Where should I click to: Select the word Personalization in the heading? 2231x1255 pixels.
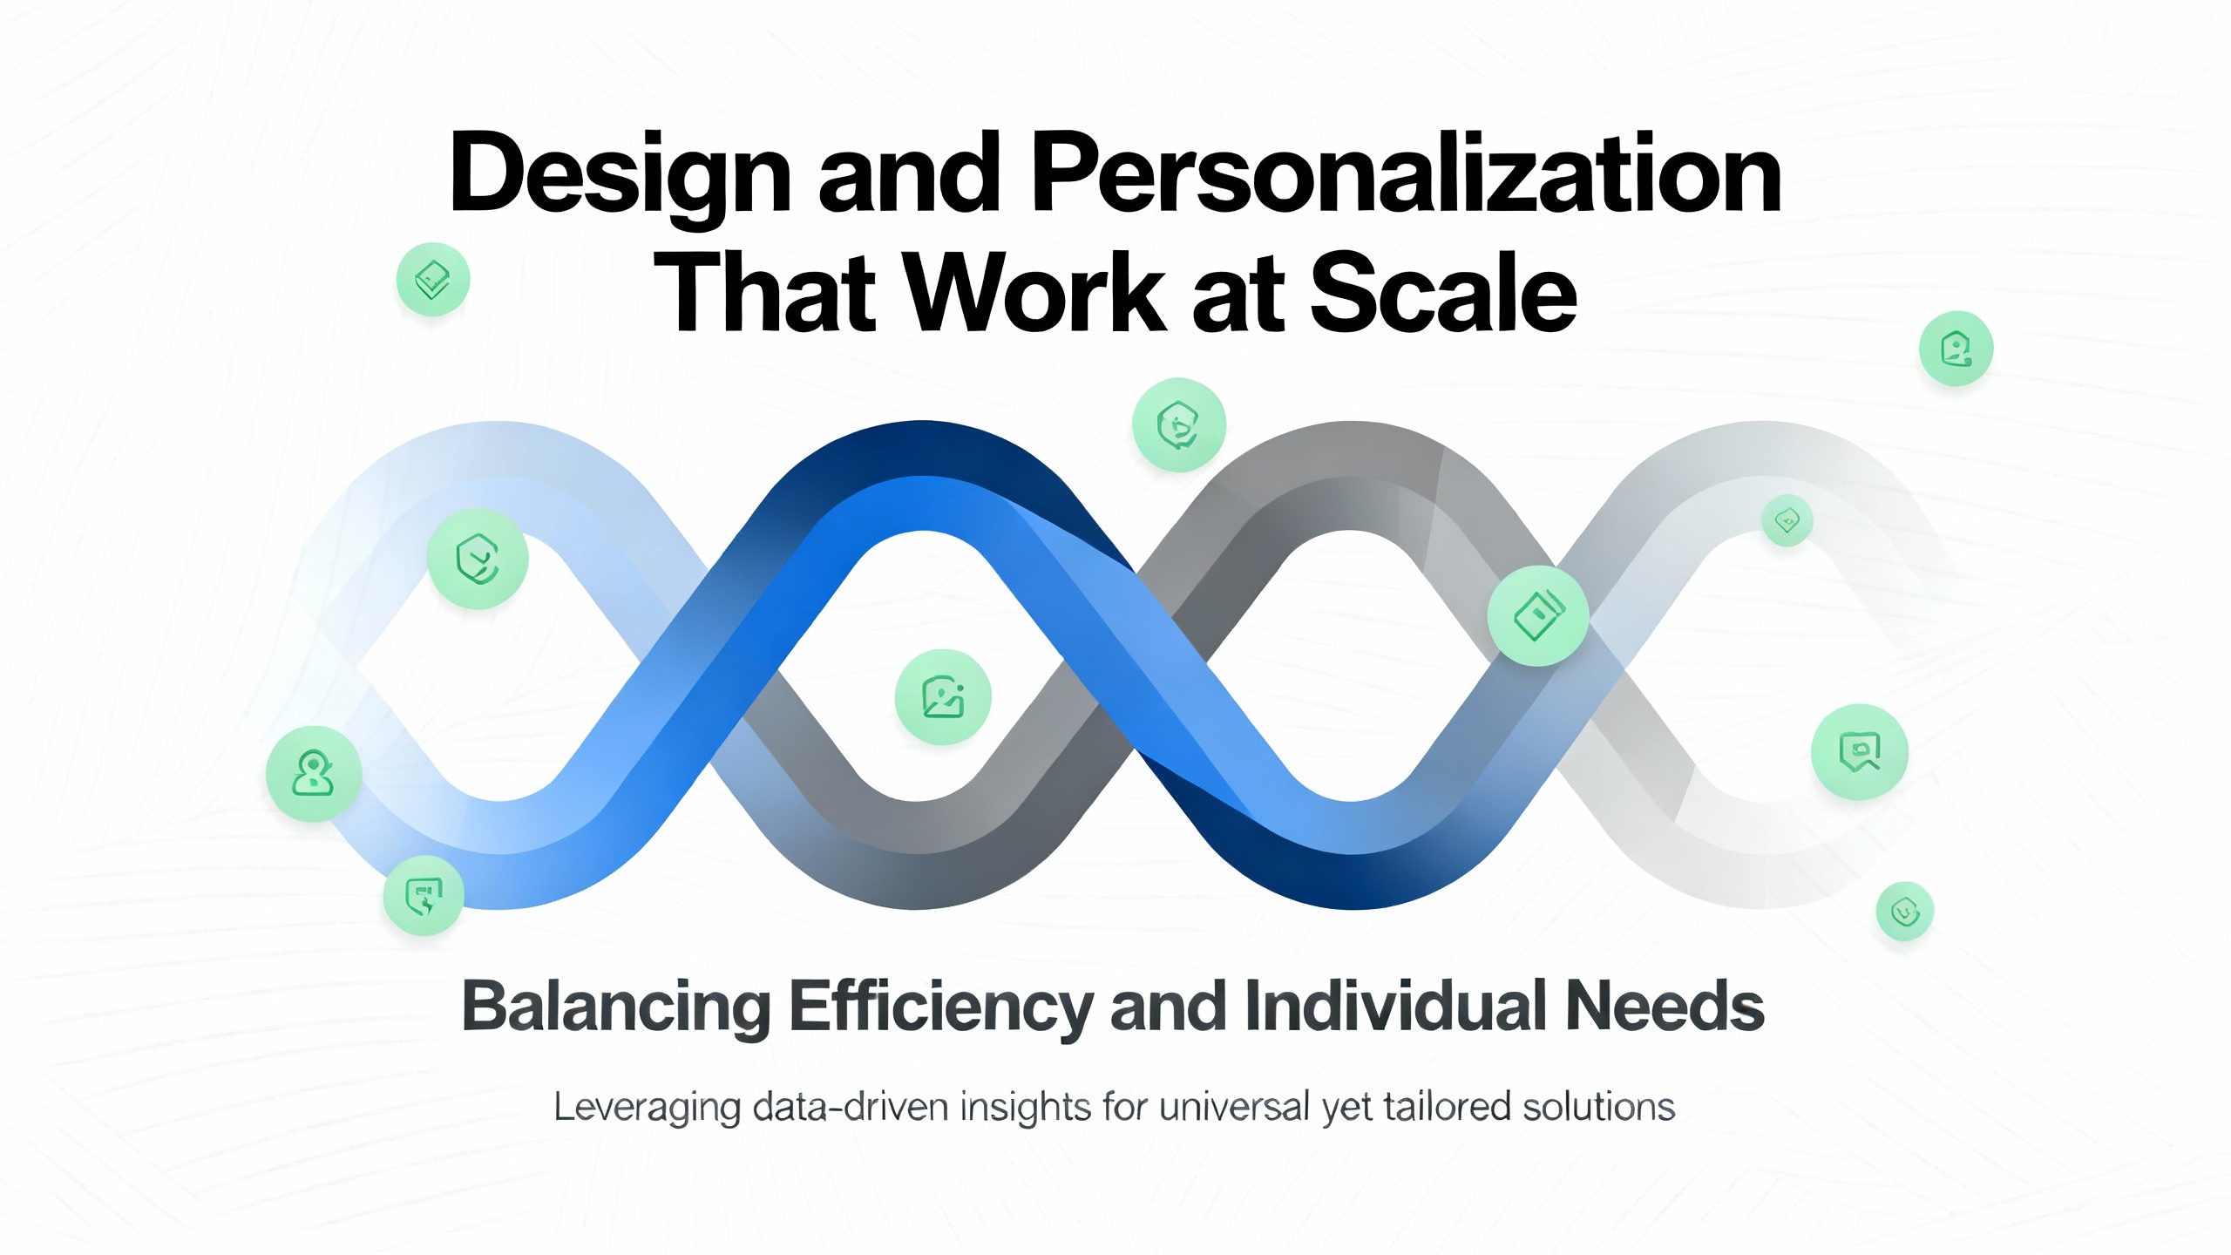[1407, 173]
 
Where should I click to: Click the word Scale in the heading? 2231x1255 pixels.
[1443, 291]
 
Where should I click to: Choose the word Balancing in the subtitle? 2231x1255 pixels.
[616, 1007]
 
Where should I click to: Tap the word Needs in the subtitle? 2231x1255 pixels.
[1665, 1006]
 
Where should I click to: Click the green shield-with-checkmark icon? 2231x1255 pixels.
[478, 559]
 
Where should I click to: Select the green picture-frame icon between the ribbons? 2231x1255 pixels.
[943, 697]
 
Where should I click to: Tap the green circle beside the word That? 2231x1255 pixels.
[433, 280]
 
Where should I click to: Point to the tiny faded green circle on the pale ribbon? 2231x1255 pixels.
[1787, 521]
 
